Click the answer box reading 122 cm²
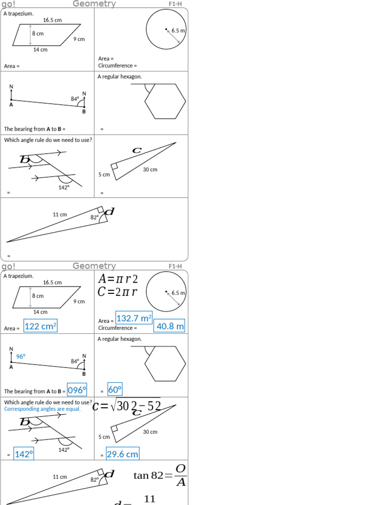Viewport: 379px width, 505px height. tap(40, 326)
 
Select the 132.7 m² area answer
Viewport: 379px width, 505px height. tap(134, 318)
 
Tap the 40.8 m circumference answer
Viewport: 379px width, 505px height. tap(170, 326)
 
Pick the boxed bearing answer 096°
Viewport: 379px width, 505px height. tap(77, 390)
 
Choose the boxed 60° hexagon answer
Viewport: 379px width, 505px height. tap(114, 390)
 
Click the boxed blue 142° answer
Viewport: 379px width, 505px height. tap(23, 454)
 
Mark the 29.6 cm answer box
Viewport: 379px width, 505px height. tap(122, 454)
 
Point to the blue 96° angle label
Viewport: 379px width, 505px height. tap(21, 356)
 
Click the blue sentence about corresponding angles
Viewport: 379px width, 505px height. tap(42, 409)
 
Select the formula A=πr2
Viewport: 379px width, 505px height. tap(118, 279)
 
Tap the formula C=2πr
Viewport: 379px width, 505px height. tap(117, 292)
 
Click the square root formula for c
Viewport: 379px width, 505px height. tap(127, 405)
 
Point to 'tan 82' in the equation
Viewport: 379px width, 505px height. tap(148, 475)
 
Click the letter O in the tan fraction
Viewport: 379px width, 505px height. tap(181, 468)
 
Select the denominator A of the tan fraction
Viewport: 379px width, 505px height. tap(181, 483)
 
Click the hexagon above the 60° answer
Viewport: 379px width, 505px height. tap(165, 363)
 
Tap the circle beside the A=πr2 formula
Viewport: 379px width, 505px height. tap(166, 291)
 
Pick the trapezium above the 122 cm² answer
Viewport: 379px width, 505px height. tap(47, 297)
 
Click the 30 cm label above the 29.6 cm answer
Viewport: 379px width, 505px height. tap(150, 432)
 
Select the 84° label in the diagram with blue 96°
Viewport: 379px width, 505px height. tap(75, 361)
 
